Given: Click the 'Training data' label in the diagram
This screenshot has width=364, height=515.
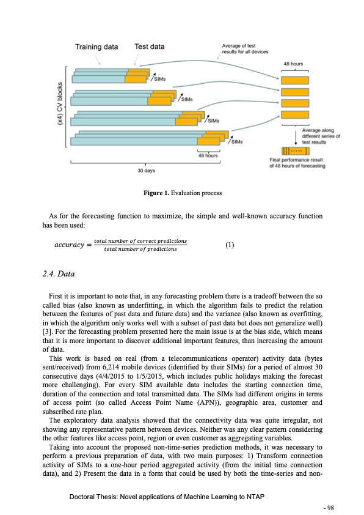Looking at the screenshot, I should (97, 46).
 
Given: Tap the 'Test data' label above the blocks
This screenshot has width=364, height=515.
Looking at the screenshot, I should (149, 46).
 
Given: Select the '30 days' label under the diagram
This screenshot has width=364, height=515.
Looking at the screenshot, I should (145, 171).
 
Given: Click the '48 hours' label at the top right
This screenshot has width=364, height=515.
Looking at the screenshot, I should (296, 64).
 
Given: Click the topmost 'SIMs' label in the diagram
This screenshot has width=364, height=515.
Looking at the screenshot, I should (161, 78).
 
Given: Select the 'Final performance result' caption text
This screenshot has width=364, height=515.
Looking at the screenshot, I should (297, 163).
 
